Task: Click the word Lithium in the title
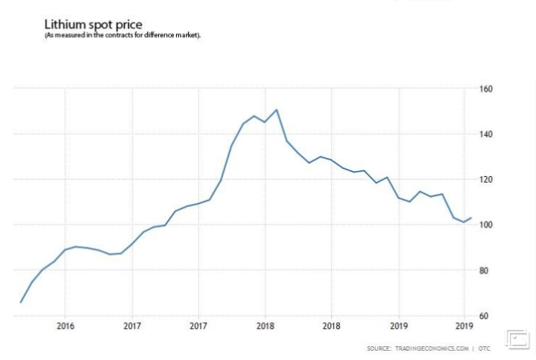[x=64, y=25]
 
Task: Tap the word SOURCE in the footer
[x=379, y=349]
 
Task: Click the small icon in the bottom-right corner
[x=518, y=338]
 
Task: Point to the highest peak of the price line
[x=277, y=110]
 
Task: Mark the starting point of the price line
[x=20, y=302]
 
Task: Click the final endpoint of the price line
[x=471, y=218]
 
